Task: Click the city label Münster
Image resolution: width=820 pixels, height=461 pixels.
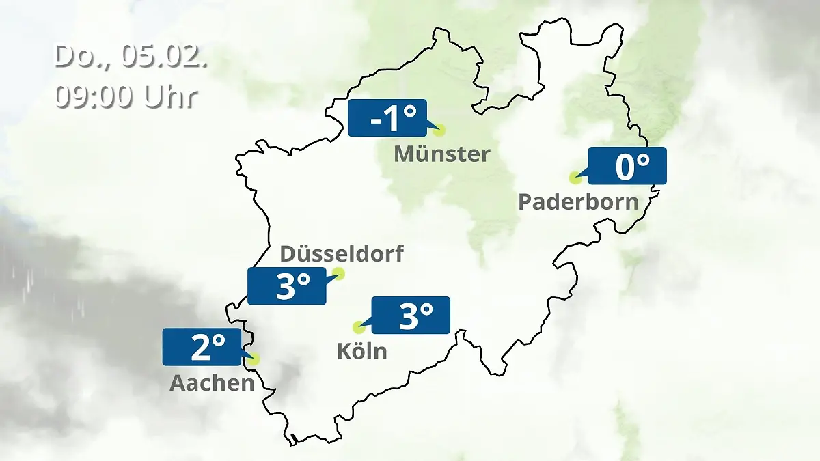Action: (x=441, y=154)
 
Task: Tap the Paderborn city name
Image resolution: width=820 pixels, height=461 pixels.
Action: (x=578, y=202)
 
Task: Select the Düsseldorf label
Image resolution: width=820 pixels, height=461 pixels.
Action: (x=342, y=255)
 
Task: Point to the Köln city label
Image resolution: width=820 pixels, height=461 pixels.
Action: (x=361, y=351)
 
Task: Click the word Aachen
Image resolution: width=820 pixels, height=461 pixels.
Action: (x=212, y=383)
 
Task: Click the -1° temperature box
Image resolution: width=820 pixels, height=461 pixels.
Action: (x=387, y=118)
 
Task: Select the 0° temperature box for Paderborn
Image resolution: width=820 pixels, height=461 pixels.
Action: (x=627, y=166)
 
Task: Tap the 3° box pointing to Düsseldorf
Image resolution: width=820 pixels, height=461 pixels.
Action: (x=287, y=286)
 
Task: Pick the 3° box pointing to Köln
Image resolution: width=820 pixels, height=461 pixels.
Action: (x=410, y=315)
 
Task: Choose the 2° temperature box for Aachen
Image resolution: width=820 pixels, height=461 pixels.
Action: (x=202, y=347)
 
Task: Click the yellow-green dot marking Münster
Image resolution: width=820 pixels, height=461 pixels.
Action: (x=439, y=130)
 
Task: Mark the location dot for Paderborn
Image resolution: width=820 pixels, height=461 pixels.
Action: (x=575, y=178)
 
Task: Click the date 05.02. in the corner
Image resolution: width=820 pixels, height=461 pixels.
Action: (x=164, y=57)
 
